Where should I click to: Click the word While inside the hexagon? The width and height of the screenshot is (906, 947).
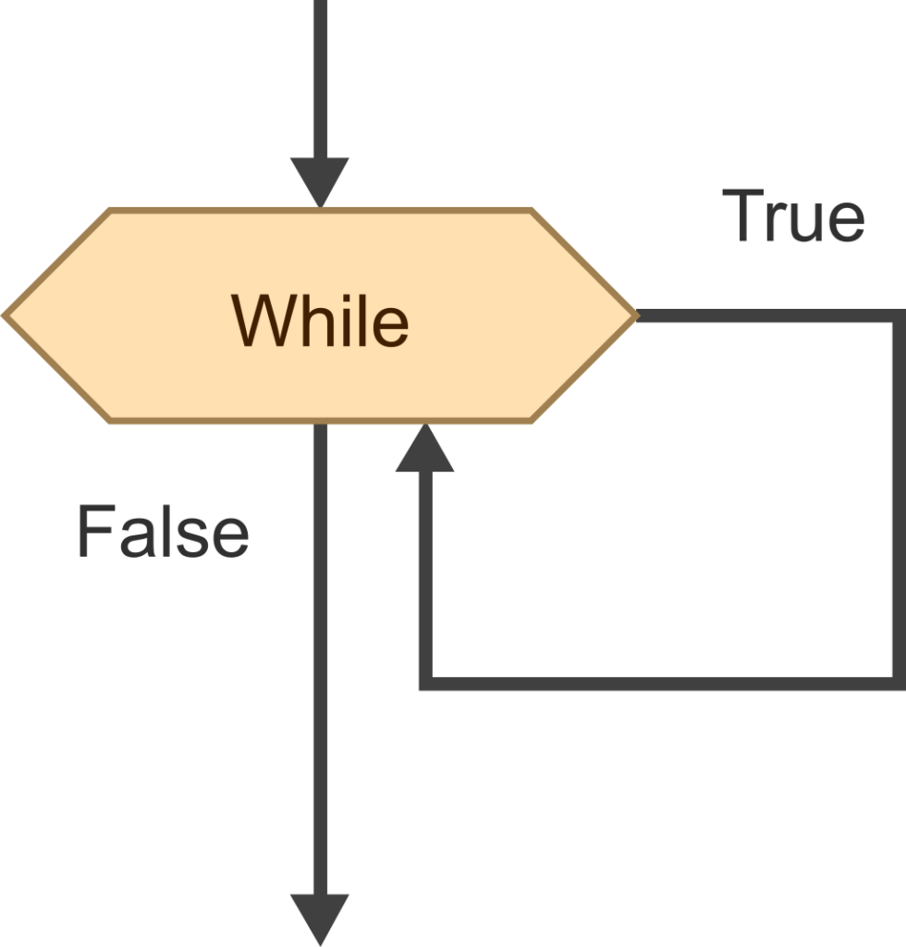click(x=320, y=320)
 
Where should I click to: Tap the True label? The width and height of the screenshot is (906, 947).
click(x=793, y=215)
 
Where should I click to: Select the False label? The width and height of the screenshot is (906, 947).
click(x=163, y=532)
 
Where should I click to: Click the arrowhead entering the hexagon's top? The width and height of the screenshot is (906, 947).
click(x=320, y=182)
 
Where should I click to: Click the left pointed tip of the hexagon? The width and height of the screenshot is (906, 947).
click(x=4, y=314)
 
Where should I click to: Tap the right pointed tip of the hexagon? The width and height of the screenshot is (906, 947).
click(x=636, y=314)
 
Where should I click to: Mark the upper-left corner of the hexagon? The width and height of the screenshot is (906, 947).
click(x=110, y=210)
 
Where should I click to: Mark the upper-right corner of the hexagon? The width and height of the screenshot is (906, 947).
click(x=531, y=210)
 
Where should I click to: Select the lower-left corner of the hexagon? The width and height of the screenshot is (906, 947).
click(x=110, y=421)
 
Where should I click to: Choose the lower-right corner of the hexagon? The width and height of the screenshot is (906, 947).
click(x=531, y=421)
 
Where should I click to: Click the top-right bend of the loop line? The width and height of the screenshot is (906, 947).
click(x=900, y=315)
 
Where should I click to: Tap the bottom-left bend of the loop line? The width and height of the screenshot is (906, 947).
click(x=425, y=683)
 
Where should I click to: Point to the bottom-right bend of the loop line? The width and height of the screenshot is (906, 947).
click(x=900, y=683)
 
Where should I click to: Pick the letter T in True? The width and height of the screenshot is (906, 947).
click(x=743, y=215)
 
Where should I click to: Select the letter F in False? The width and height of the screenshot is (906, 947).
click(x=95, y=532)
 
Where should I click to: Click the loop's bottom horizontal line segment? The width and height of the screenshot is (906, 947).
click(x=662, y=683)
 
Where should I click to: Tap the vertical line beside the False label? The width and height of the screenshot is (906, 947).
click(x=321, y=658)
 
